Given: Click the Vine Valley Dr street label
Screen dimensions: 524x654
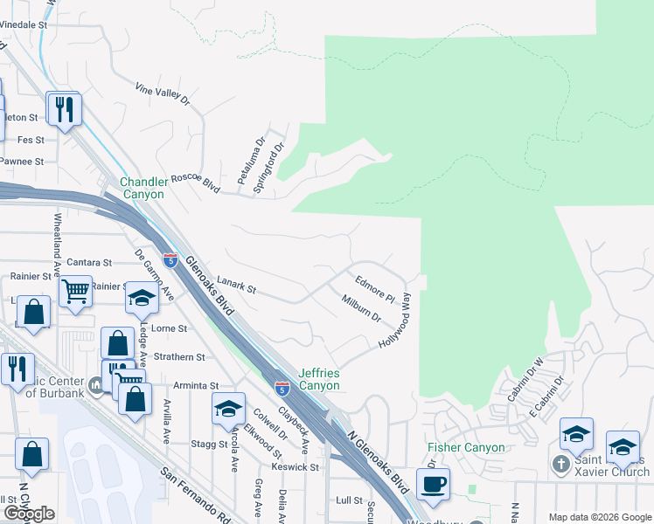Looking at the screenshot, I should tap(163, 94).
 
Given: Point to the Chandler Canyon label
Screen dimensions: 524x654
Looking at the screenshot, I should tap(143, 187).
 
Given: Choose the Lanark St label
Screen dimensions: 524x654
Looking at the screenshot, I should tap(236, 285).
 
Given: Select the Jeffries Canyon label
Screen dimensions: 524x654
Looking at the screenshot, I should tap(318, 378).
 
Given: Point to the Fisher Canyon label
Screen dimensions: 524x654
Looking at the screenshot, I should tap(466, 448).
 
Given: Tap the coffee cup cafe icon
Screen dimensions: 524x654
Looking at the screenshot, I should tap(433, 483).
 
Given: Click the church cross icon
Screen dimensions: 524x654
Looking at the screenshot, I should tap(561, 465).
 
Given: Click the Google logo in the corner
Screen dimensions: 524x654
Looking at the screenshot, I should tap(29, 514).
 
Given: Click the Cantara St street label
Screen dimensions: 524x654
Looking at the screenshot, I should tap(89, 262).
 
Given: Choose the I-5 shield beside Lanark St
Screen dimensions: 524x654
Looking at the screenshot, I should tap(170, 259).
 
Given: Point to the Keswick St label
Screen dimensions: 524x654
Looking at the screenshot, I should tap(295, 467).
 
